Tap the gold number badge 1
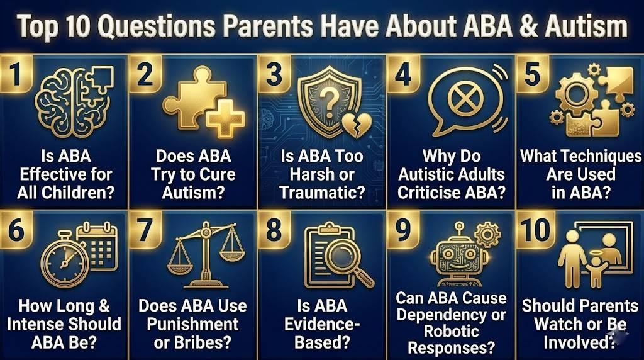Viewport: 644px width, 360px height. (x=16, y=74)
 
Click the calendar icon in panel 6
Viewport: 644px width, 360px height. (x=97, y=245)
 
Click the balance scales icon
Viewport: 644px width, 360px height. (x=206, y=254)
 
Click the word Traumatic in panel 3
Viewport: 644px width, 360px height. (x=323, y=193)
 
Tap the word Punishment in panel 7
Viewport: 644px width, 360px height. (x=192, y=324)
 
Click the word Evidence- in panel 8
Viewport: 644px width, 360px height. (x=322, y=324)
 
